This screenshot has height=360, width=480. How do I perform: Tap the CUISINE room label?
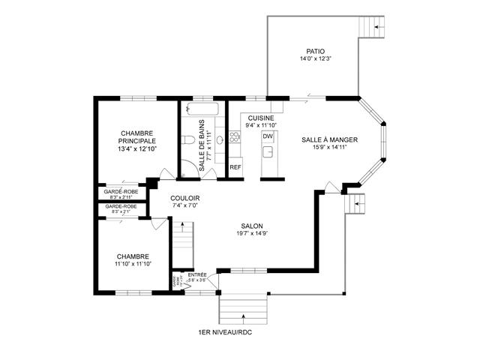click(x=260, y=118)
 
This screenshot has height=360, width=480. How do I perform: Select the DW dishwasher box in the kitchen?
click(x=267, y=136)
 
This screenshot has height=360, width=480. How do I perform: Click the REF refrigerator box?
click(x=235, y=167)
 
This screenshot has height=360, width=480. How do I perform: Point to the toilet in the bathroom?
click(x=188, y=140)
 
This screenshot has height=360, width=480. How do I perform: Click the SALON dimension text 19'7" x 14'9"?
click(x=251, y=233)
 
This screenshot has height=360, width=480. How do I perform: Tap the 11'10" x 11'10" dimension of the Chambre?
click(x=133, y=265)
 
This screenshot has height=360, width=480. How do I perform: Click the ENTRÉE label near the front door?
click(x=197, y=275)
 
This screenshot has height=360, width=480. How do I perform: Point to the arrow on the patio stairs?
click(x=379, y=28)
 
